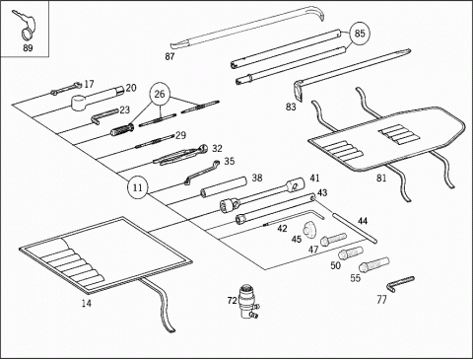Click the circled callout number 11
[x=138, y=187]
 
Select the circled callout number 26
[x=160, y=95]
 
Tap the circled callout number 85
[x=360, y=34]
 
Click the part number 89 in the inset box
[x=28, y=48]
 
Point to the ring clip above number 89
[x=26, y=32]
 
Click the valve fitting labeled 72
[x=248, y=302]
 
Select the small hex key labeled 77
[x=399, y=283]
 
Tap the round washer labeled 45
[x=309, y=229]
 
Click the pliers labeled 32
[x=180, y=155]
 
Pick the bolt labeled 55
[x=374, y=264]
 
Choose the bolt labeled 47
[x=333, y=239]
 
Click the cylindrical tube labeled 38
[x=224, y=186]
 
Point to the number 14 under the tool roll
[x=87, y=303]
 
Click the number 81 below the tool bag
[x=381, y=179]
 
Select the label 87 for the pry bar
[x=169, y=56]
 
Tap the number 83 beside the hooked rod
[x=291, y=107]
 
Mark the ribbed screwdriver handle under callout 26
[x=122, y=130]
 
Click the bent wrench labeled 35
[x=202, y=173]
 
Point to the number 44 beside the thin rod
[x=363, y=221]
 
